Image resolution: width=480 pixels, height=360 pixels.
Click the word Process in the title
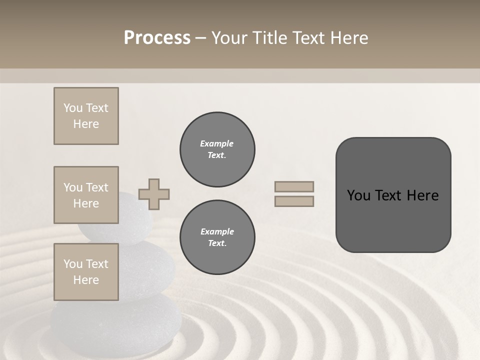pos(157,38)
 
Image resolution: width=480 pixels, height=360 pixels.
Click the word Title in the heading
pos(267,38)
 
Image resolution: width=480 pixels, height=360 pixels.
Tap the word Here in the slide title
pos(348,38)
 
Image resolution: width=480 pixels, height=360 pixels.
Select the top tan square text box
pos(86,116)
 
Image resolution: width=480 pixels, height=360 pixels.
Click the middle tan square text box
pos(86,195)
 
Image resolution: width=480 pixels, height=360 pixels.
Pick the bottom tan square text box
pos(86,272)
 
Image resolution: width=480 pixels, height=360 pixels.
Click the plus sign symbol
pos(154,194)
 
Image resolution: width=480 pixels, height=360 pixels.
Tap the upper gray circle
pos(217,149)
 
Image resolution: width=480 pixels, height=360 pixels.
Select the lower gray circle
pos(217,237)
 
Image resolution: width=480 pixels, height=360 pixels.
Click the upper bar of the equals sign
pos(294,186)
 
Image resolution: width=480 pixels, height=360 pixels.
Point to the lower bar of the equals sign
pos(294,201)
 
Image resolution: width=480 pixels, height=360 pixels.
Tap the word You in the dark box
pos(358,195)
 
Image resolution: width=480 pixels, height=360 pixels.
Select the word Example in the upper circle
pos(217,144)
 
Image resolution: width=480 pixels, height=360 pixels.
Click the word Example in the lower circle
pos(217,232)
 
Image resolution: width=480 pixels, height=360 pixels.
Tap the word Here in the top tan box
pos(86,124)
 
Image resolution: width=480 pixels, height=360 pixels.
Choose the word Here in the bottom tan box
pos(86,280)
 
